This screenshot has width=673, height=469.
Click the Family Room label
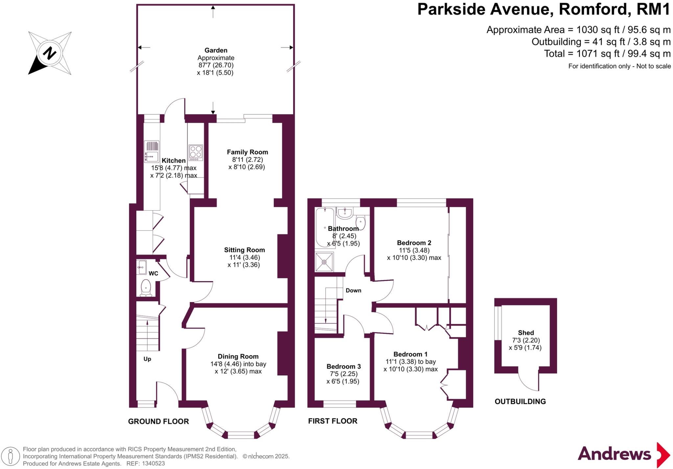coord(247,152)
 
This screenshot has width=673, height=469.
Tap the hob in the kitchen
coord(196,153)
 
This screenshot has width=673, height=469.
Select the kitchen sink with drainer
coord(151,152)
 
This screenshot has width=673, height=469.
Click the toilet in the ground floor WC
coord(145,288)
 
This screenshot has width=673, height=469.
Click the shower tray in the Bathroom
coord(324,262)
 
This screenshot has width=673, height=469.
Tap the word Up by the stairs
coord(147,359)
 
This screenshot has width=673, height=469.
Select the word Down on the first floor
coord(353,291)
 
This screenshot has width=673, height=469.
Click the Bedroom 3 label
coord(343,366)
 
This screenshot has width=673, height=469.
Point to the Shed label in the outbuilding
coord(525,333)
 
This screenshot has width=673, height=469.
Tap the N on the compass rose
coord(50,53)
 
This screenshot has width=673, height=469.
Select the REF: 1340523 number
coord(152,464)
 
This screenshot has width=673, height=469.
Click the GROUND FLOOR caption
coord(158,421)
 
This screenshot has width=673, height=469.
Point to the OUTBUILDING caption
coord(520,401)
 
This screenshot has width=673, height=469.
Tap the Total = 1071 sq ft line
coord(607,54)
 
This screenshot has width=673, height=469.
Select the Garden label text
coord(216,50)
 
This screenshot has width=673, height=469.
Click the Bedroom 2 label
coord(414,243)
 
